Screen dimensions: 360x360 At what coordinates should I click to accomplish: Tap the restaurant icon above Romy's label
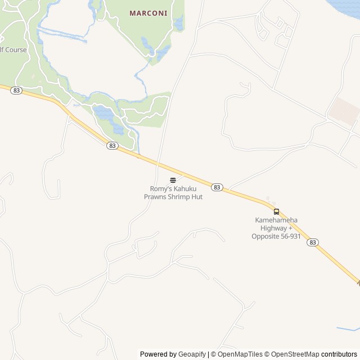pyautogui.click(x=173, y=181)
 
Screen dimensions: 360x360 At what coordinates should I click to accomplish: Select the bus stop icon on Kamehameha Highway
pyautogui.click(x=276, y=211)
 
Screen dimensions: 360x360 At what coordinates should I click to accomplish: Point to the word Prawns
pyautogui.click(x=155, y=197)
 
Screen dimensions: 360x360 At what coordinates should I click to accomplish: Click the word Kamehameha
pyautogui.click(x=277, y=220)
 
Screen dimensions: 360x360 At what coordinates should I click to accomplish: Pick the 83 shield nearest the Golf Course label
pyautogui.click(x=16, y=90)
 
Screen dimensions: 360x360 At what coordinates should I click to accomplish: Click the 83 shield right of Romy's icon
pyautogui.click(x=217, y=187)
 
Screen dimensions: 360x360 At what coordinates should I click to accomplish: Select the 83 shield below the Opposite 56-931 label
pyautogui.click(x=313, y=242)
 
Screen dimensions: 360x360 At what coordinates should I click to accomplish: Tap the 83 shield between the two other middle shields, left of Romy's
pyautogui.click(x=112, y=146)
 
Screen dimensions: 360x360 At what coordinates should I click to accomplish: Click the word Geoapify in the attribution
pyautogui.click(x=192, y=354)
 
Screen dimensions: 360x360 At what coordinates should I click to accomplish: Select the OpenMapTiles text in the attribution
pyautogui.click(x=240, y=354)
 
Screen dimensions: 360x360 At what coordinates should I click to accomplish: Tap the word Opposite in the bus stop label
pyautogui.click(x=266, y=236)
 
